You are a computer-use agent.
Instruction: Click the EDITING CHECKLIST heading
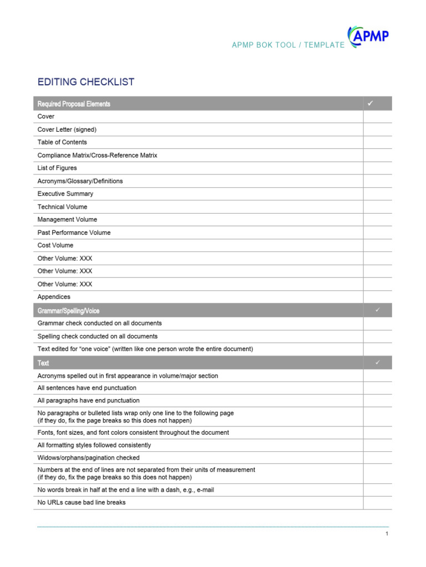coord(86,82)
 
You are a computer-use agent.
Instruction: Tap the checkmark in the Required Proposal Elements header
coord(371,104)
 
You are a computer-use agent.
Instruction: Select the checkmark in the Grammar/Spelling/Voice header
coord(378,310)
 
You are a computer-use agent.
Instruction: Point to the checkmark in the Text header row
coord(378,363)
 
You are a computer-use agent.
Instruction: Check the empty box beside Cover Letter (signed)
coord(378,130)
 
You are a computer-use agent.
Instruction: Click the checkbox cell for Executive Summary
coord(378,194)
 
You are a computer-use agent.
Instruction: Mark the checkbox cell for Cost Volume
coord(378,245)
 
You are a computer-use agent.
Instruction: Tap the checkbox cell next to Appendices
coord(378,297)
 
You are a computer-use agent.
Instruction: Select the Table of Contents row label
coord(62,142)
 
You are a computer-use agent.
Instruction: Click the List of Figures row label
coord(57,168)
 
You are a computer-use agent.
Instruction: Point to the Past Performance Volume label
coord(74,233)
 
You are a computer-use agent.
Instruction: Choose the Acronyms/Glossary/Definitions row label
coord(80,181)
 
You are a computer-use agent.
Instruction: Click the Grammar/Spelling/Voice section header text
coord(68,311)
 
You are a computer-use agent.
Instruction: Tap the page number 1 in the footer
coord(387,534)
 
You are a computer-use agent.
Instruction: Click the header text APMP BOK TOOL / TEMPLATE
coord(288,45)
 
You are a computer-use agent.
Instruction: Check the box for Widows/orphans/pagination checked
coord(378,458)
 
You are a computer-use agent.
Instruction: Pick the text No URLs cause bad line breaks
coord(82,503)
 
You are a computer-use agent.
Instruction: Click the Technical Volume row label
coord(62,207)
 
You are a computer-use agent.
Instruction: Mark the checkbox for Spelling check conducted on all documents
coord(378,336)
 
